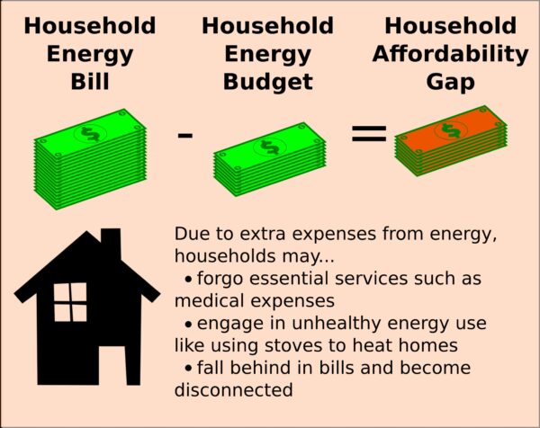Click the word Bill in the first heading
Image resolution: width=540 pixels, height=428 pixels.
(x=90, y=81)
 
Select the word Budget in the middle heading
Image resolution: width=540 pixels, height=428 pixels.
(x=268, y=83)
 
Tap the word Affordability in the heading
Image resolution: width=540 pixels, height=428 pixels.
(x=451, y=55)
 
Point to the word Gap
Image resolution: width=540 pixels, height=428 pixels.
(x=451, y=83)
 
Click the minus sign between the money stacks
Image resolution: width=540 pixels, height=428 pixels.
(x=184, y=135)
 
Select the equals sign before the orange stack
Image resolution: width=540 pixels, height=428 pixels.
(x=369, y=133)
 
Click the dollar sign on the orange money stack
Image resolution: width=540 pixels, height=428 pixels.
(x=451, y=130)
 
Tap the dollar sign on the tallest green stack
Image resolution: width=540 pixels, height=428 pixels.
(x=90, y=134)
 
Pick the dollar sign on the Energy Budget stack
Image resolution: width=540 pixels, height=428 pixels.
(x=270, y=147)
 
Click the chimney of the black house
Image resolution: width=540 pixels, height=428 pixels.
(x=111, y=243)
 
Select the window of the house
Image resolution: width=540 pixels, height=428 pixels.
(x=70, y=302)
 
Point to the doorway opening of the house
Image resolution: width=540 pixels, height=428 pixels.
(x=112, y=365)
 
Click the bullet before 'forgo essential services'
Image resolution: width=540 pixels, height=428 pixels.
(x=188, y=280)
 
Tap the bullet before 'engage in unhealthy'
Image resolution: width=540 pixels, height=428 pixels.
(x=188, y=324)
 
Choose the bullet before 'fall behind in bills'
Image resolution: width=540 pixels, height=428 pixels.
(x=188, y=369)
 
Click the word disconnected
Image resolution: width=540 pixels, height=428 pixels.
(x=233, y=390)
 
